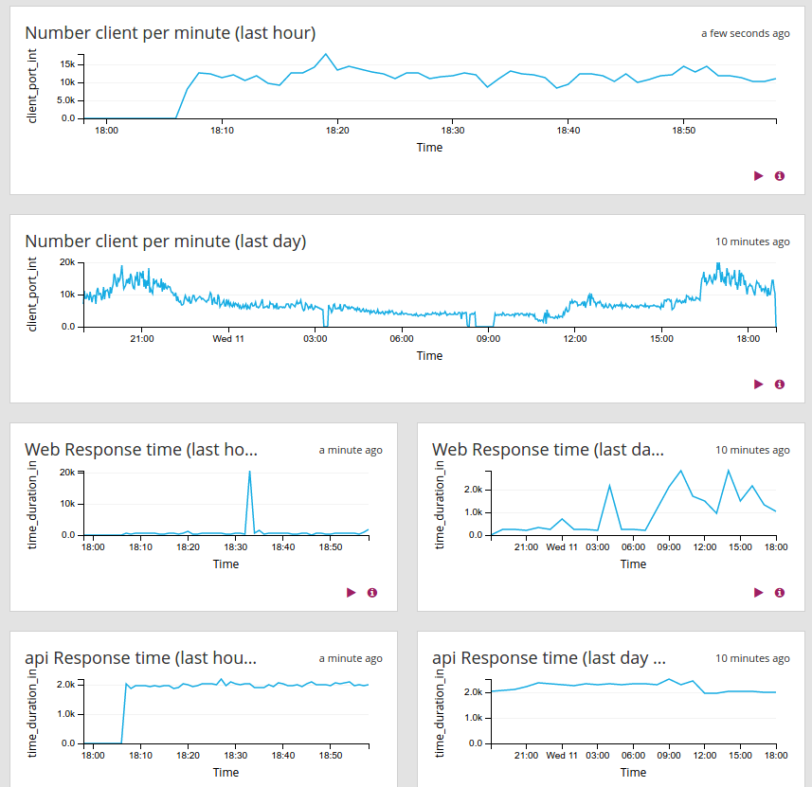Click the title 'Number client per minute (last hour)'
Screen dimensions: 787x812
click(x=170, y=33)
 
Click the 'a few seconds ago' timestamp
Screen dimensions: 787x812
click(x=745, y=33)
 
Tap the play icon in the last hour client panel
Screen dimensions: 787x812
click(x=758, y=176)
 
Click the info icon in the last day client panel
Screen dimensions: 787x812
click(x=780, y=385)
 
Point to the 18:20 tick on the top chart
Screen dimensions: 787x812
click(x=337, y=130)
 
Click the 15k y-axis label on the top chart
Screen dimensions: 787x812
click(x=67, y=63)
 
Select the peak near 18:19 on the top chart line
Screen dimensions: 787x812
click(x=326, y=54)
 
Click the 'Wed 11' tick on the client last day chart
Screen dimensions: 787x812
click(x=228, y=338)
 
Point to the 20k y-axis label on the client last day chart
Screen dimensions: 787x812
click(x=67, y=262)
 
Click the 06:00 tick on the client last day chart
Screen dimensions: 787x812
click(x=402, y=338)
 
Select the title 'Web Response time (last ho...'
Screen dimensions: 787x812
click(x=140, y=450)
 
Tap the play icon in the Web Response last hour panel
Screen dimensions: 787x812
click(x=351, y=593)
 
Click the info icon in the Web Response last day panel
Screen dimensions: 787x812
click(x=780, y=593)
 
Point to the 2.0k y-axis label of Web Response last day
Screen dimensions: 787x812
click(x=472, y=490)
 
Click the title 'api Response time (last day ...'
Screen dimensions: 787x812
click(x=549, y=658)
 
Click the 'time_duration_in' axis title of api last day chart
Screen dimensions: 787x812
click(x=440, y=712)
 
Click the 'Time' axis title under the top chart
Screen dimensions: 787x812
click(x=429, y=148)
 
